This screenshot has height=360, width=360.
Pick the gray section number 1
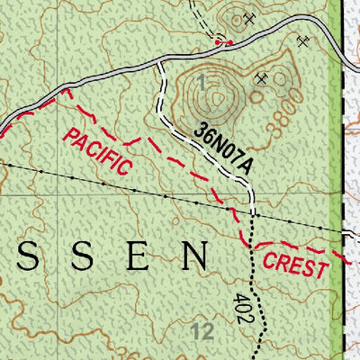(202, 84)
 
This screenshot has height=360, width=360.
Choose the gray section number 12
(202, 330)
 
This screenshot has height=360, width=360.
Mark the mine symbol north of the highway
(249, 17)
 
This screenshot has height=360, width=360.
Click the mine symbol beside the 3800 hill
(262, 79)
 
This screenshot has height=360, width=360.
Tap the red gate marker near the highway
(229, 42)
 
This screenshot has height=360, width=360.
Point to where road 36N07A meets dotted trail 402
(252, 216)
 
